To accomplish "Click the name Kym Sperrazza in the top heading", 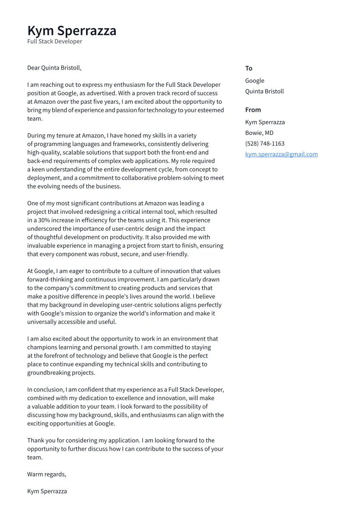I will click(72, 31).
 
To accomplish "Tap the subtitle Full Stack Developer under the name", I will click(54, 41).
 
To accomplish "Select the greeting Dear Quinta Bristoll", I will click(54, 68).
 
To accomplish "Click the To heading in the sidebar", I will click(248, 68).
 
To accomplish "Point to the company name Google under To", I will click(255, 81).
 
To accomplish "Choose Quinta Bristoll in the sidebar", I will click(264, 92).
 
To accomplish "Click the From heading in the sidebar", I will click(253, 110).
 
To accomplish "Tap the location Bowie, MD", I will click(259, 133).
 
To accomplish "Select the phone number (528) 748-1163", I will click(264, 144).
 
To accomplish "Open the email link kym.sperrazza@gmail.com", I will click(281, 154).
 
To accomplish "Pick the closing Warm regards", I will click(47, 474).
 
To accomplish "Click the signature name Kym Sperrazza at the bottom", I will click(47, 491).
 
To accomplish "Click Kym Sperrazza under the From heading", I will click(265, 122).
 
